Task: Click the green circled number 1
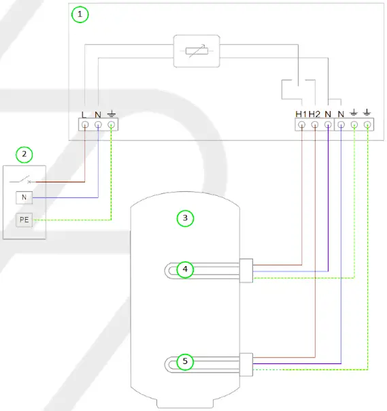pyautogui.click(x=81, y=14)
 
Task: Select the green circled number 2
pyautogui.click(x=24, y=154)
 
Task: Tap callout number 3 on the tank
pyautogui.click(x=184, y=218)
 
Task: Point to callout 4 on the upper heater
pyautogui.click(x=184, y=270)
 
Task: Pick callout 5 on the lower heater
pyautogui.click(x=184, y=361)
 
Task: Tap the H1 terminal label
pyautogui.click(x=301, y=114)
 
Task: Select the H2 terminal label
pyautogui.click(x=314, y=114)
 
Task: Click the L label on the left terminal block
pyautogui.click(x=85, y=114)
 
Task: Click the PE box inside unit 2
pyautogui.click(x=24, y=220)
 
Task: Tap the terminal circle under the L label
pyautogui.click(x=85, y=125)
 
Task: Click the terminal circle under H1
pyautogui.click(x=301, y=125)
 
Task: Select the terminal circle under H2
pyautogui.click(x=314, y=125)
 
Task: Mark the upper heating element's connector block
pyautogui.click(x=246, y=270)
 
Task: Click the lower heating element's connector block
pyautogui.click(x=246, y=363)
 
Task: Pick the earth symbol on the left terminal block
pyautogui.click(x=111, y=114)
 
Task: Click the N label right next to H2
pyautogui.click(x=327, y=114)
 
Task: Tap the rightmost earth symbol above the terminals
pyautogui.click(x=367, y=113)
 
